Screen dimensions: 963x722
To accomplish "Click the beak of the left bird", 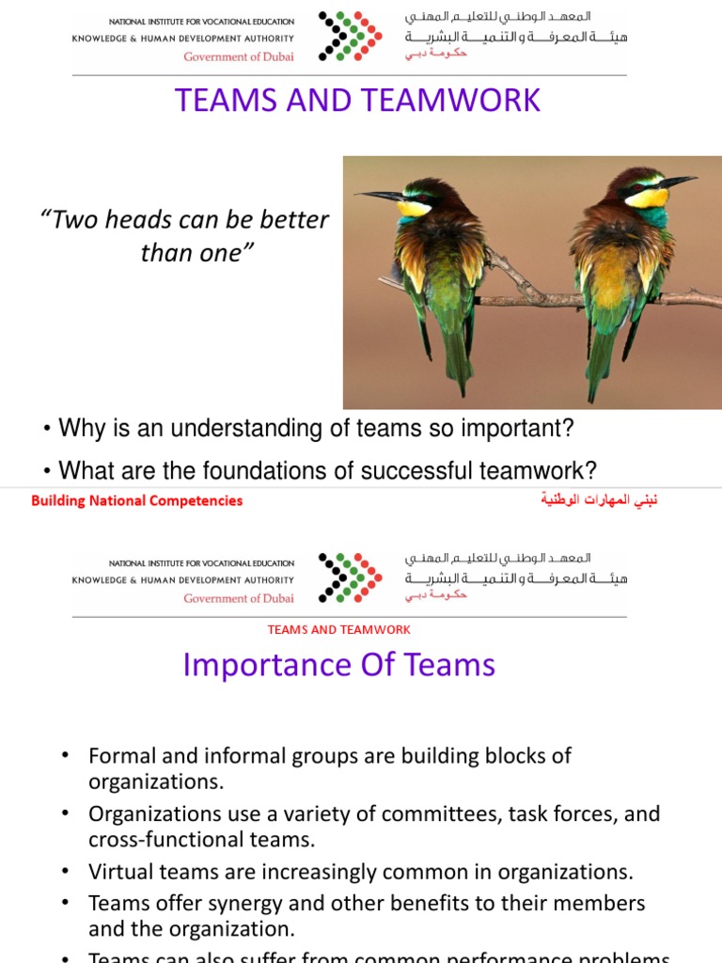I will coord(378,197).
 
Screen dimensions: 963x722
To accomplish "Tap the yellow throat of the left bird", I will coord(413,209).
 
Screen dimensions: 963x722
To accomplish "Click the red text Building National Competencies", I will coord(137,500).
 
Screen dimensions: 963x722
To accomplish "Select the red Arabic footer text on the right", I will coord(599,500).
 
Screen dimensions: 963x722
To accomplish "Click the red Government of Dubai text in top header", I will coord(239,56).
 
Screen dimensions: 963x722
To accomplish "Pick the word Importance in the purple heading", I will coord(254,665).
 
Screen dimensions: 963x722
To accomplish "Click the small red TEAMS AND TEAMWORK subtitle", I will coord(339,630).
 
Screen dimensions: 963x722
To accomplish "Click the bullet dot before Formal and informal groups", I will coord(65,756).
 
